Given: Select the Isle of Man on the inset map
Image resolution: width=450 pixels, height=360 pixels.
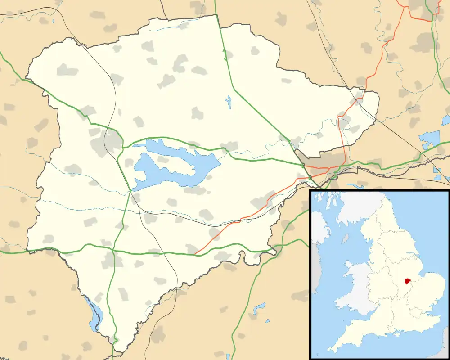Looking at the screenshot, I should point(345,238).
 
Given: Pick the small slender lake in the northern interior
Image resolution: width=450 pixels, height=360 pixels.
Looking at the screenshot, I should point(229,102).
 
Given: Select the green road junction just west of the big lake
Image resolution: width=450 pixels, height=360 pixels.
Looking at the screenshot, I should point(130,192).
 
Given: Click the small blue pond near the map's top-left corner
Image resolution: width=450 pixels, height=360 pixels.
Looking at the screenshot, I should point(53,21).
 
